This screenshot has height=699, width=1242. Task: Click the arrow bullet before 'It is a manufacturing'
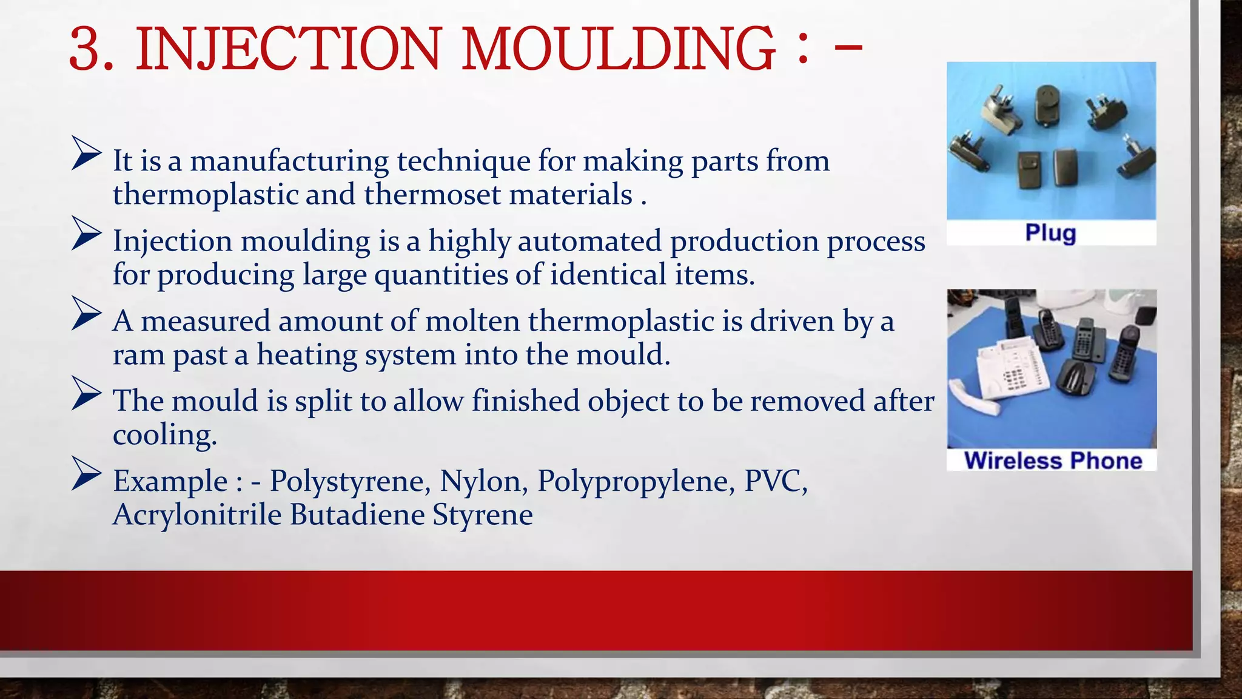pyautogui.click(x=86, y=153)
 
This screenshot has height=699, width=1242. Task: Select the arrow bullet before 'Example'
pyautogui.click(x=86, y=473)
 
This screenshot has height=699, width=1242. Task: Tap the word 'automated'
pyautogui.click(x=589, y=241)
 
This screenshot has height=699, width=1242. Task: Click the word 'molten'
pyautogui.click(x=473, y=322)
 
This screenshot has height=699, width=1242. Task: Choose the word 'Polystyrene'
pyautogui.click(x=350, y=482)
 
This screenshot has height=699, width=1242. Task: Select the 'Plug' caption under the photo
pyautogui.click(x=1050, y=233)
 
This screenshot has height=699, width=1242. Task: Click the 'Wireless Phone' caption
pyautogui.click(x=1053, y=461)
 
